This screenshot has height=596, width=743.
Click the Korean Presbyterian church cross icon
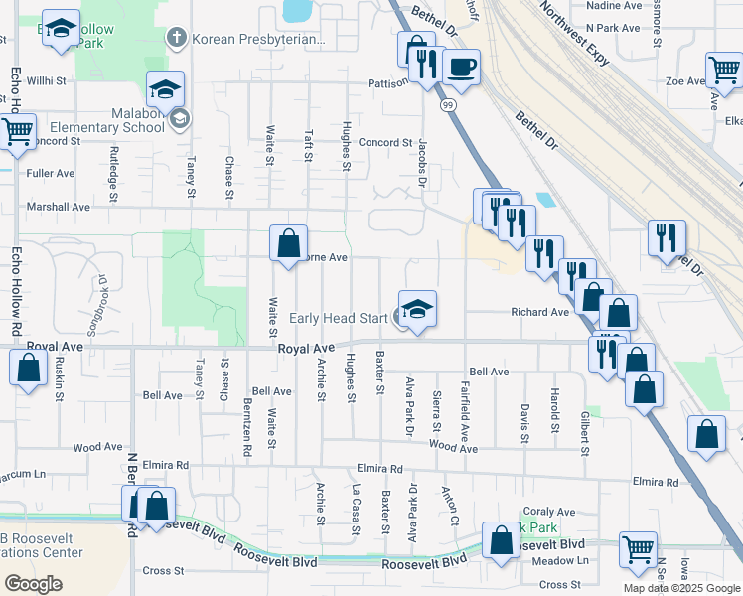click(x=176, y=39)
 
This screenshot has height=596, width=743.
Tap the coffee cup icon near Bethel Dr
click(x=461, y=68)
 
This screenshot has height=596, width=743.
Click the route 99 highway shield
click(x=448, y=104)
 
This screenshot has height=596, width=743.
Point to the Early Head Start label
click(x=339, y=319)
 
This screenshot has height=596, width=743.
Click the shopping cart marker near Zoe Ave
click(x=724, y=70)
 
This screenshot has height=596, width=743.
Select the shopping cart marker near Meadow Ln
click(x=638, y=548)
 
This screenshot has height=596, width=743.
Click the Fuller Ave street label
click(x=51, y=173)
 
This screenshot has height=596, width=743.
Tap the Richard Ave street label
click(x=539, y=312)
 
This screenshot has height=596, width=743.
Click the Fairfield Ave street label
click(x=464, y=411)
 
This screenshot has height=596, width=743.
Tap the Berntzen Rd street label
click(x=246, y=428)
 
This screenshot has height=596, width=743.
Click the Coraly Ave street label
click(x=549, y=511)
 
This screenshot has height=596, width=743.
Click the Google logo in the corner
click(x=33, y=584)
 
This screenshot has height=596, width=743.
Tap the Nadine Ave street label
click(x=615, y=5)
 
